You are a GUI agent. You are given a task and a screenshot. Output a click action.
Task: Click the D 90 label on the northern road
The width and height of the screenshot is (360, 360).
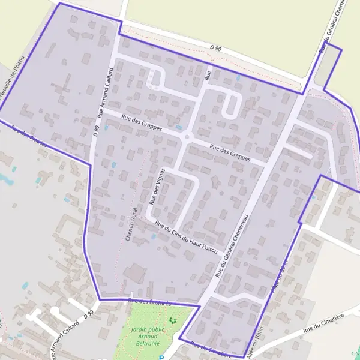click(216, 47)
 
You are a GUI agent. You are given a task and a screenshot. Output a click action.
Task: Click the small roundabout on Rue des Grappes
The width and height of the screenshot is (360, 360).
click(187, 137)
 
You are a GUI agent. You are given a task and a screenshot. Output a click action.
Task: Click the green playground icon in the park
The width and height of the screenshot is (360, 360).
click(173, 321)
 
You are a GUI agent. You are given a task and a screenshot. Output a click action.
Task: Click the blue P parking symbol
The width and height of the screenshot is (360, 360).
click(161, 358)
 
